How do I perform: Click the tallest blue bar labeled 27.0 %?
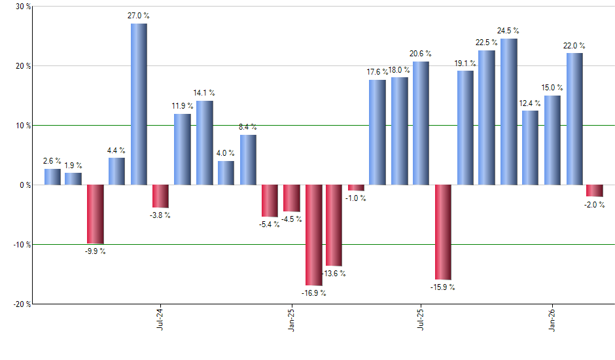pos(139,104)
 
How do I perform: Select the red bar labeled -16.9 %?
pos(313,235)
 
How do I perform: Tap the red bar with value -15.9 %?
pos(443,232)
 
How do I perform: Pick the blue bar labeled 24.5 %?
pos(508,112)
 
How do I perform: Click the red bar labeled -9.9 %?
pos(96,214)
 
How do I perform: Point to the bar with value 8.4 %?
pos(248,160)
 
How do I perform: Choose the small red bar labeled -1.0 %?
pos(356,188)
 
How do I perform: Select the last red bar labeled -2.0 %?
pos(595,190)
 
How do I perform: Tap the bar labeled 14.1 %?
pos(205,143)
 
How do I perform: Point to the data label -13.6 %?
pos(334,274)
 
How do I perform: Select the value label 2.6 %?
pos(52,161)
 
